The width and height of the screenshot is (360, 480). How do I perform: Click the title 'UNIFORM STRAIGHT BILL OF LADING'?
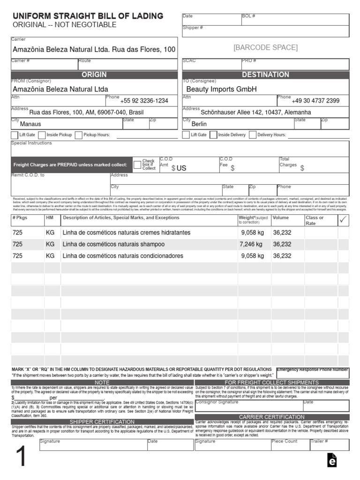point(88,16)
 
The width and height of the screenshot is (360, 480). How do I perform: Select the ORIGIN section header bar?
point(94,75)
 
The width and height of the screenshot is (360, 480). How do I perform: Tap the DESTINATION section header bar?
point(265,75)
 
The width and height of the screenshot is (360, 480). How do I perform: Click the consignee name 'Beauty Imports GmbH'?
point(222,89)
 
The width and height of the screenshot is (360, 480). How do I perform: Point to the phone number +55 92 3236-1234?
point(144,101)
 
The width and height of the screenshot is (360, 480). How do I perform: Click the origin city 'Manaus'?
point(30,124)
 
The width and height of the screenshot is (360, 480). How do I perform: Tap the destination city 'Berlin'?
point(199,124)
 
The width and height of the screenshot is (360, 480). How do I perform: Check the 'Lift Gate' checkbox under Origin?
point(15,135)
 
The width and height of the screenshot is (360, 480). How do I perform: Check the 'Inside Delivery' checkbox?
point(214,135)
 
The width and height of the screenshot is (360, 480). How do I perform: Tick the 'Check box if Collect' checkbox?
point(137,165)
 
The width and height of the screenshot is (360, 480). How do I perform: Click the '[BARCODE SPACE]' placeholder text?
point(265,47)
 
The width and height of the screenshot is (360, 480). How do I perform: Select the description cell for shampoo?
point(114,244)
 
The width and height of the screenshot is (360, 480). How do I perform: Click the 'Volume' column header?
point(281,218)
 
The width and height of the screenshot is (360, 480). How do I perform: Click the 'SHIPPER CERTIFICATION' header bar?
point(102,422)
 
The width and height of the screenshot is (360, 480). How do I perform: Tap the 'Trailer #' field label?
point(319,442)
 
